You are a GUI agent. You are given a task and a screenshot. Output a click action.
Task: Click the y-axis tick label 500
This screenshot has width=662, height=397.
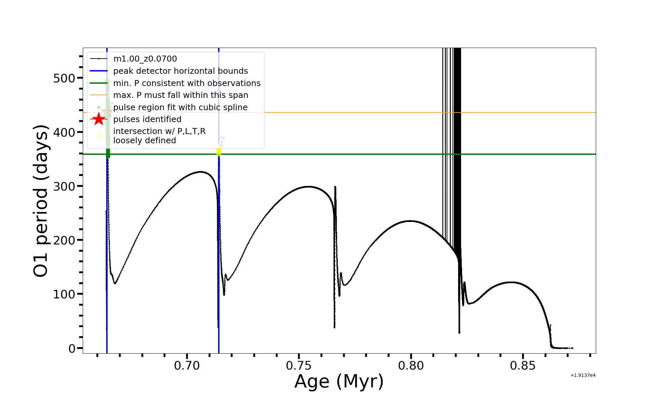click(64, 78)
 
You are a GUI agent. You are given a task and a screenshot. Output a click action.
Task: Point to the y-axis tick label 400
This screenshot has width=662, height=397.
click(64, 132)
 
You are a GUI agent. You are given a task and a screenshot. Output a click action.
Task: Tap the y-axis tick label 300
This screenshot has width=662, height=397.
click(64, 186)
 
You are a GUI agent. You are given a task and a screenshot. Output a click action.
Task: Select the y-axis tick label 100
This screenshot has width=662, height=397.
click(64, 294)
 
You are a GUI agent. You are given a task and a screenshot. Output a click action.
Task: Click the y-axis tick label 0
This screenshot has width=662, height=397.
click(72, 348)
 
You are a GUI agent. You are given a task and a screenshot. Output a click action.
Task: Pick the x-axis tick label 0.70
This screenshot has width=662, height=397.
click(187, 366)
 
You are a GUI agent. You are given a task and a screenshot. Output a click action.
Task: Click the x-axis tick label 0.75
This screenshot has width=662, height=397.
click(299, 366)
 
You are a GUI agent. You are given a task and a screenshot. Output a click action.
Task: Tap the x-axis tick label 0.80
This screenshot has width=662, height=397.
click(411, 366)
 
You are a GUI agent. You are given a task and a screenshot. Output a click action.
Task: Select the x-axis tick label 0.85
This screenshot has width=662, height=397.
click(523, 366)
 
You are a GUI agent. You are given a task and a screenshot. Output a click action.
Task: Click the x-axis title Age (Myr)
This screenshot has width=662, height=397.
click(339, 381)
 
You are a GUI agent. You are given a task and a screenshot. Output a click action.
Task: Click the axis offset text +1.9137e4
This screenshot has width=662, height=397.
click(583, 375)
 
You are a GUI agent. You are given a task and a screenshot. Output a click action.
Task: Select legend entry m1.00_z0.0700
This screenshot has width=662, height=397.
click(145, 59)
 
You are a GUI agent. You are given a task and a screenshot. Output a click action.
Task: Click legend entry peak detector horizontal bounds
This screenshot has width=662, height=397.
click(180, 71)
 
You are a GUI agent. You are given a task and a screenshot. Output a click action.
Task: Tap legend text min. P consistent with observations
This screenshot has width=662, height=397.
click(187, 83)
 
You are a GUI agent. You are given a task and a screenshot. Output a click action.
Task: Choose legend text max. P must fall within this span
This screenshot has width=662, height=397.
click(180, 95)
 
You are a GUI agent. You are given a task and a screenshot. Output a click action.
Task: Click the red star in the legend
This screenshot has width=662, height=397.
click(99, 119)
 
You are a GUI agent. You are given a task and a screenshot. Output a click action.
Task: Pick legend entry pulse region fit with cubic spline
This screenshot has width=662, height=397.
click(180, 107)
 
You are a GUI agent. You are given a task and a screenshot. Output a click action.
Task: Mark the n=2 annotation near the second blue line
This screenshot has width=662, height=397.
click(222, 141)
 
